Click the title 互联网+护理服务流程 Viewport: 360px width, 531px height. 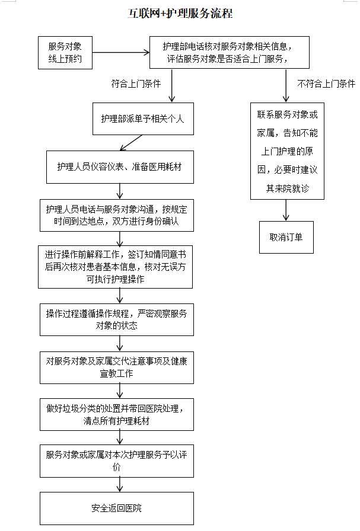tap(180, 14)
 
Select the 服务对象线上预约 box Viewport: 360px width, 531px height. tap(65, 53)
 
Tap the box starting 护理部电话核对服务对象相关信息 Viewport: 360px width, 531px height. tap(228, 53)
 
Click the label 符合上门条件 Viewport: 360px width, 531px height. tap(136, 84)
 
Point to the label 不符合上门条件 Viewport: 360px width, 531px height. tap(326, 84)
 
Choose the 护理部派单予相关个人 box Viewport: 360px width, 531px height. tap(142, 119)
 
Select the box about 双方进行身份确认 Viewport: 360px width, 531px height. tap(117, 215)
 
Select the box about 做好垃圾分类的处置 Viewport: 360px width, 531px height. tap(117, 414)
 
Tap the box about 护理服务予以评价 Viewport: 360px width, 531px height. tap(117, 461)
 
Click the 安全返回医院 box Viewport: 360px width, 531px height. tap(117, 508)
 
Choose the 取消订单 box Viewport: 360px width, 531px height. tap(286, 237)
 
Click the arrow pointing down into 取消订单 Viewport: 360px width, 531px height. tap(286, 210)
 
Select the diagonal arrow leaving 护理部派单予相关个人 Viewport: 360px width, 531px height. tap(132, 142)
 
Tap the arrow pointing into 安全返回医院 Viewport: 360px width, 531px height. tap(120, 485)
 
